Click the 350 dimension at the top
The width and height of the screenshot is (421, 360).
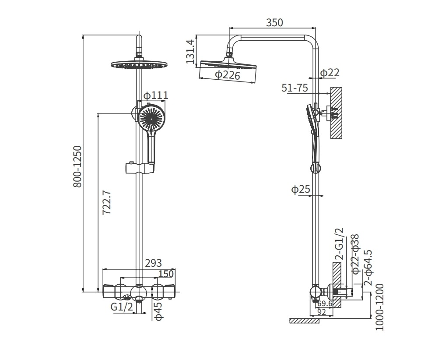tap(274, 22)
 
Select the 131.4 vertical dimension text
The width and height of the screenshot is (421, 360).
tap(190, 52)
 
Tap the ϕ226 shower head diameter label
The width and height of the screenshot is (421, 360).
tap(228, 75)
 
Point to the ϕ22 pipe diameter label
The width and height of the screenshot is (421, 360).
tap(329, 73)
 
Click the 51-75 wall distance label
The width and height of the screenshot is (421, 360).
tap(295, 88)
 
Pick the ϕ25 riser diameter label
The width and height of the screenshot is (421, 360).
tap(301, 190)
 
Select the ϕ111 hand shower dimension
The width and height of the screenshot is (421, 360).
tap(155, 95)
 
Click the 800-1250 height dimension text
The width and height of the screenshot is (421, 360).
tap(77, 167)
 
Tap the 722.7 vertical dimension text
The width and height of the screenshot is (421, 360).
tap(106, 202)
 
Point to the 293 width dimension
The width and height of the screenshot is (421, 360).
tap(153, 263)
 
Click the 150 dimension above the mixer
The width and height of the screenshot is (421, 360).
tap(166, 274)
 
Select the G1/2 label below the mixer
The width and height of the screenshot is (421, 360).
tap(122, 307)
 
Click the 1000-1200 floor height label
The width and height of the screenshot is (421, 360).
tap(379, 307)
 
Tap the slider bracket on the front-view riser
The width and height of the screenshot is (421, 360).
tap(139, 168)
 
